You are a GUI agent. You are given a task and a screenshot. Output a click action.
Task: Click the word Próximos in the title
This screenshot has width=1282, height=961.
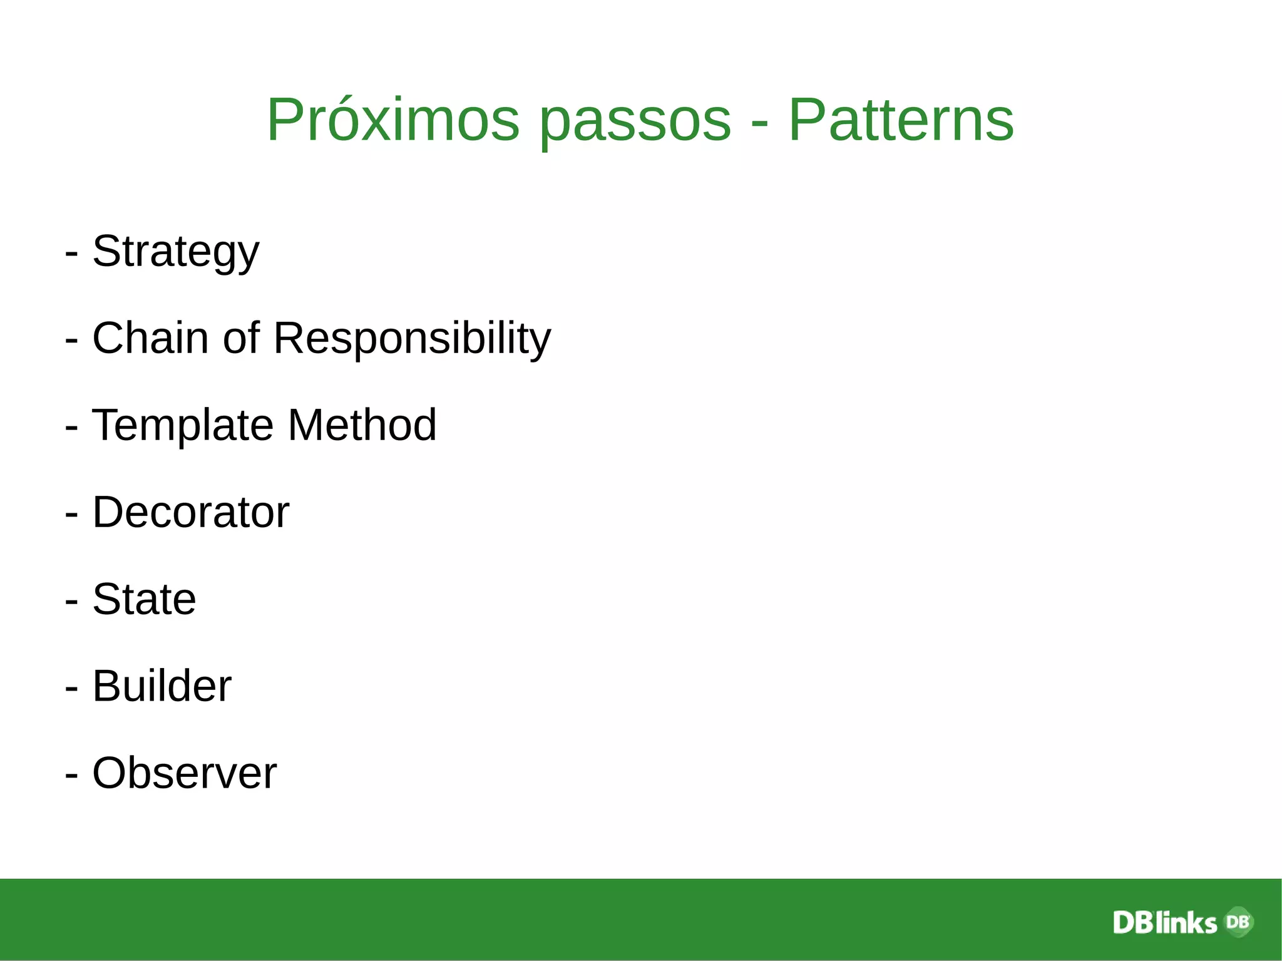point(392,120)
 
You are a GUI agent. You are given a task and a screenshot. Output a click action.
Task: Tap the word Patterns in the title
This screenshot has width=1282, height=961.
point(901,120)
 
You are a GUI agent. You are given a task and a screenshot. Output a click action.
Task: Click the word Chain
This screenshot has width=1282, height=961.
point(150,338)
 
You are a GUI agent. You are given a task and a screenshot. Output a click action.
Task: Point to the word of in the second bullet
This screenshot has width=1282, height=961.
point(241,338)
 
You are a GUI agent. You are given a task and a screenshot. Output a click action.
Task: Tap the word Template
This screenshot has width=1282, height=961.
point(182,426)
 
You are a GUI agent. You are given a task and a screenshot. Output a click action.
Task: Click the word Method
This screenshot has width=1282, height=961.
point(362,425)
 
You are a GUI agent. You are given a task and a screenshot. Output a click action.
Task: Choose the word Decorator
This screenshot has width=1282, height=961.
point(191,512)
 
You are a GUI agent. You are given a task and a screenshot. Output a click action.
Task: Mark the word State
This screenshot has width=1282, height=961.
point(144,599)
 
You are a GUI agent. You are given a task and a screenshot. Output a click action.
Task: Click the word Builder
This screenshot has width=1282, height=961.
point(162,686)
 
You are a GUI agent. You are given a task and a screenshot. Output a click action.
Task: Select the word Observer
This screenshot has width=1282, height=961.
point(184,773)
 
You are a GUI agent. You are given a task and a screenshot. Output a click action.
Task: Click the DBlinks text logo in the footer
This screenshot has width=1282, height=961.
point(1164,923)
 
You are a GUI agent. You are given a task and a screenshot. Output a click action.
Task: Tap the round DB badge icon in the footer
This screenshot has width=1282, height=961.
point(1238,922)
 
